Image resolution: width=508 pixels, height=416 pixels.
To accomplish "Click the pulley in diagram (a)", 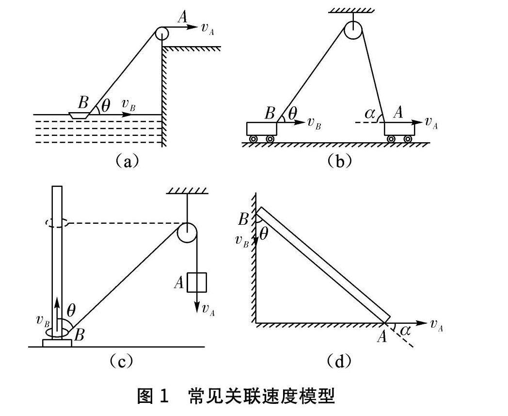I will point(161,33).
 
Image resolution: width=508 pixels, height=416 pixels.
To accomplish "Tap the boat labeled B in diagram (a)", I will point(79,116).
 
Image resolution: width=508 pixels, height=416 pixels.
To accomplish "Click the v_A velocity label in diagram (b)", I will point(431,122).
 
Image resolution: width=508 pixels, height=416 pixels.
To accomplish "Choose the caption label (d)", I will point(339,361).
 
